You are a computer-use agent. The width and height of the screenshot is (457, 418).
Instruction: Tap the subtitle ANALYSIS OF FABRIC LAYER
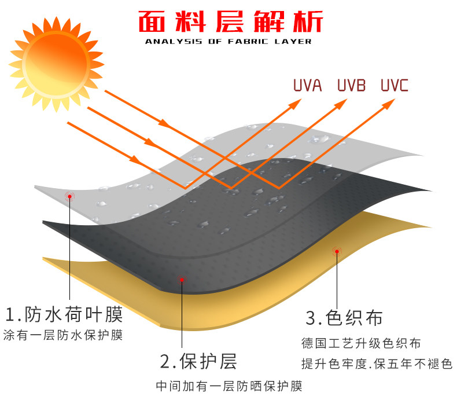228,41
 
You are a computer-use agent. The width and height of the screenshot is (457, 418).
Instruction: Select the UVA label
307,86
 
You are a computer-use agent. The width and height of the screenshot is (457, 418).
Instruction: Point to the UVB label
351,86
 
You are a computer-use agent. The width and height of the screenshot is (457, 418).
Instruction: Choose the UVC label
395,86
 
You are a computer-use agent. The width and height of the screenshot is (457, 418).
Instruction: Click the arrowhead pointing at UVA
296,102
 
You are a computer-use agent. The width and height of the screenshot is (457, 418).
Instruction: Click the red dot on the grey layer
70,196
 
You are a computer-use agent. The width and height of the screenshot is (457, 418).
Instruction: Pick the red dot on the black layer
182,280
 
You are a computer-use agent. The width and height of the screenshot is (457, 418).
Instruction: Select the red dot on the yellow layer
336,251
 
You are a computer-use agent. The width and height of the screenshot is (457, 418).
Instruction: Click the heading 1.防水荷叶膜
64,315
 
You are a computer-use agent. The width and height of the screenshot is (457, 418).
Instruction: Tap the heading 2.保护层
198,361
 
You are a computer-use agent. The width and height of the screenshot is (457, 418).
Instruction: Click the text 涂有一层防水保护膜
62,335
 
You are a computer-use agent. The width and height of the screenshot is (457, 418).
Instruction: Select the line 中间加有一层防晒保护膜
229,386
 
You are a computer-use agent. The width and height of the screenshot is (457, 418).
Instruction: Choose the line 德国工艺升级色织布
360,344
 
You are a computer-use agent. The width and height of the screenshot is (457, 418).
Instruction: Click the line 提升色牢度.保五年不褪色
376,364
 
